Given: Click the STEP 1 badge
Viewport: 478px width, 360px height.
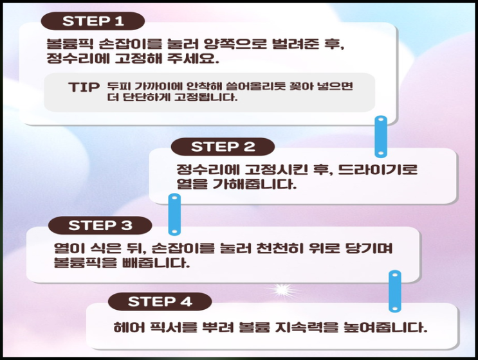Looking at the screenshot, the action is click(93, 21).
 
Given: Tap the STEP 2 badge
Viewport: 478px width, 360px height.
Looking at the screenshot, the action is click(223, 147).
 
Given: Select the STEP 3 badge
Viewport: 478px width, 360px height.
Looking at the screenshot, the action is click(100, 226).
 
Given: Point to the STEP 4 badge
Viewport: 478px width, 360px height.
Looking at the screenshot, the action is click(160, 301).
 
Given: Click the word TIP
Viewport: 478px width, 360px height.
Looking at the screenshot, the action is click(84, 87).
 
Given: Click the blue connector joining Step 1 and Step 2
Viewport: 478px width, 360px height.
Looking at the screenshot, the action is click(380, 136).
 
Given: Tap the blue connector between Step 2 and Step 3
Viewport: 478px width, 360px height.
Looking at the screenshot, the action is click(174, 215).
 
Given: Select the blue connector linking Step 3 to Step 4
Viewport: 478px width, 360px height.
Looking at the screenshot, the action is click(395, 291).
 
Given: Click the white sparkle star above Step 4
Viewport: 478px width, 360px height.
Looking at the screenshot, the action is click(282, 289).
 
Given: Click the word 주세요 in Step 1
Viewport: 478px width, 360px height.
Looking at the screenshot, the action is click(193, 59).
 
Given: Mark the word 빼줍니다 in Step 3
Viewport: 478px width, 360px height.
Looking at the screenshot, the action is click(156, 263).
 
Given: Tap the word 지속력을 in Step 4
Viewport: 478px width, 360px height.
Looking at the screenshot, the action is click(306, 327).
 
